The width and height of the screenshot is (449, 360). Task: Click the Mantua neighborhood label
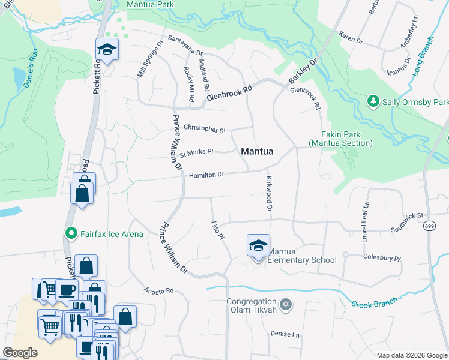click(257, 152)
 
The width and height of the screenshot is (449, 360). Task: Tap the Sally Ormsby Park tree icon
click(373, 101)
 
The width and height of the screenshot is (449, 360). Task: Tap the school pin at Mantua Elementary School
click(258, 246)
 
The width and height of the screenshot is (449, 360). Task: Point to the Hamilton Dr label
click(206, 175)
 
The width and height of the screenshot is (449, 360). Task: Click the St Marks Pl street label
click(196, 152)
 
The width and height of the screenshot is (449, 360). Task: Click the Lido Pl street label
click(217, 230)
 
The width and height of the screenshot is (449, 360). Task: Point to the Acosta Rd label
click(158, 290)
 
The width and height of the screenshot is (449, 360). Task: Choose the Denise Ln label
click(285, 334)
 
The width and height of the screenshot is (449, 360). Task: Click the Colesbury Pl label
click(381, 257)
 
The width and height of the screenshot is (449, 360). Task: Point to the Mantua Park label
click(150, 5)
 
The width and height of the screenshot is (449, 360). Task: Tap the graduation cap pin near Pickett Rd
click(107, 50)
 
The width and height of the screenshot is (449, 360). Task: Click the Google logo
click(19, 353)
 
